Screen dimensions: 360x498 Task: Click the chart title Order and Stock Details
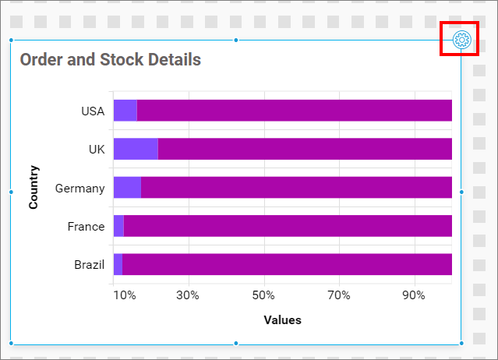(x=110, y=60)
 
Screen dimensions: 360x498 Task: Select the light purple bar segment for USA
(x=125, y=111)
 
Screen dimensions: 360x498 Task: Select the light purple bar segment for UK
(x=136, y=149)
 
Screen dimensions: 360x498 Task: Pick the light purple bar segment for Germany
(x=127, y=188)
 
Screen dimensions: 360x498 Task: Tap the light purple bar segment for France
(x=118, y=226)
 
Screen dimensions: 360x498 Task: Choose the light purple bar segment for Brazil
(x=118, y=264)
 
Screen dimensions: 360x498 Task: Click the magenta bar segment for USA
(x=295, y=111)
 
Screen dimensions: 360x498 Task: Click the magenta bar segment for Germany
(x=296, y=188)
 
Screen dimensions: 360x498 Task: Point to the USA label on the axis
(x=93, y=111)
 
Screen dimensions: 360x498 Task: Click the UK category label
(x=97, y=149)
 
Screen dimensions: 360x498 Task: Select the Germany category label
(x=79, y=188)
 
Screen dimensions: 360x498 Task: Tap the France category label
(x=86, y=226)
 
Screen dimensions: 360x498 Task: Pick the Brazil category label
(x=89, y=264)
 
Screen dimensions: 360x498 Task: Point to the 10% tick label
(x=125, y=295)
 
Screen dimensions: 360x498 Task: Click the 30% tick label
(x=188, y=295)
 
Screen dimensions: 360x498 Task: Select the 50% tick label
(x=263, y=295)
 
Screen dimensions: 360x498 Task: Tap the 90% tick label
(x=414, y=295)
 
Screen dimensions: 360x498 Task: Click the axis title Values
(x=282, y=319)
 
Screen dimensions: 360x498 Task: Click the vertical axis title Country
(x=34, y=187)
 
